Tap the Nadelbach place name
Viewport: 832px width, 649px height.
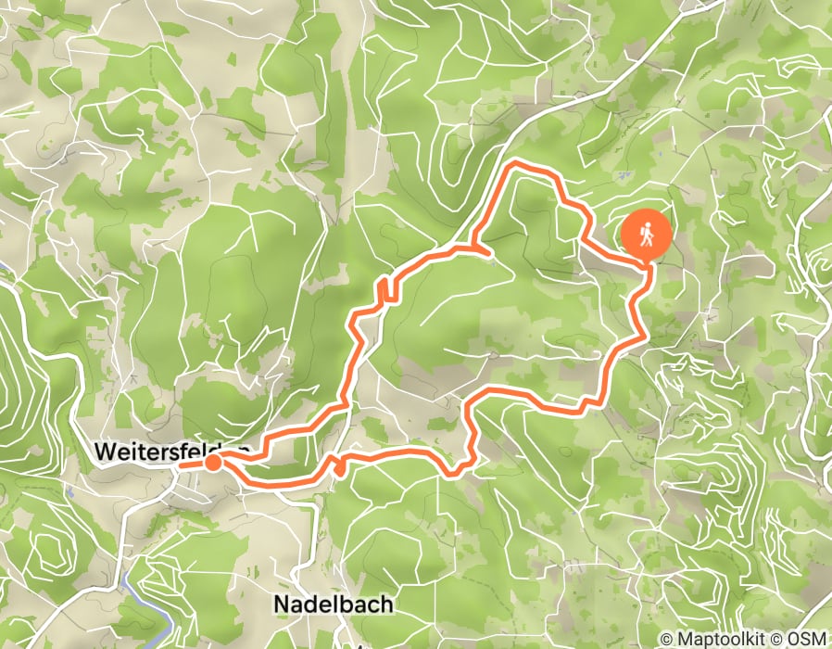[x=333, y=604]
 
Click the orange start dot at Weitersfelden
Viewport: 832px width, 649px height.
[x=213, y=463]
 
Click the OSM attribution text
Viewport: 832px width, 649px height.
[x=807, y=640]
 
